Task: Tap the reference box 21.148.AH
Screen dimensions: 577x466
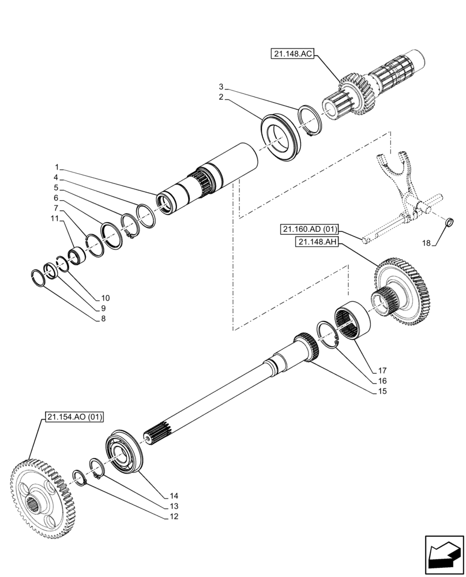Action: (318, 243)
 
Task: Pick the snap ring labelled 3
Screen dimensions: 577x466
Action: (311, 121)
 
